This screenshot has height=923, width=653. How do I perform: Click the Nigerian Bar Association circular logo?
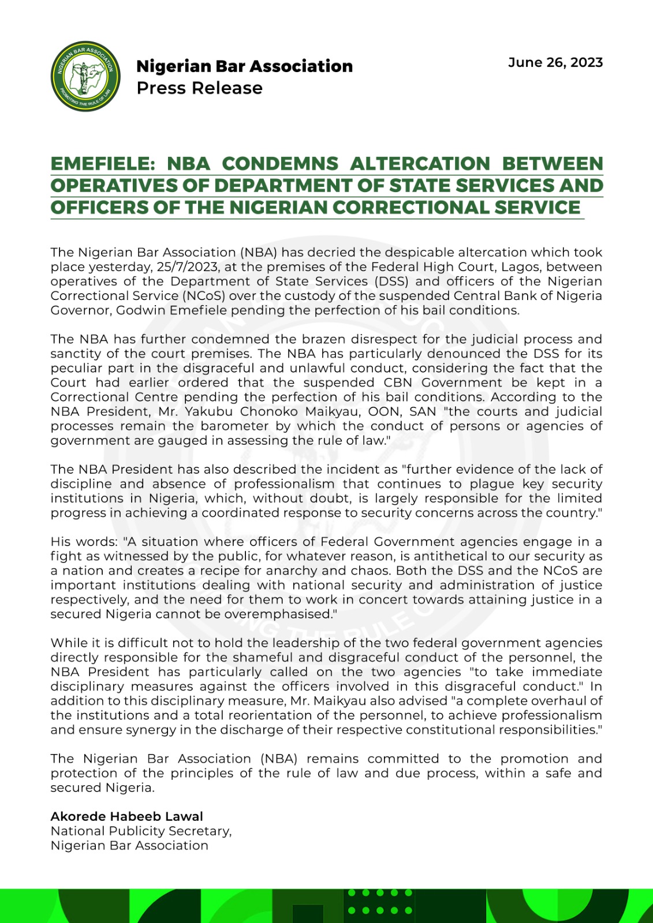tap(86, 76)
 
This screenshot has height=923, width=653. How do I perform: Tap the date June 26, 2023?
tap(555, 63)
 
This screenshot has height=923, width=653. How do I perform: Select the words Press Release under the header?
tap(199, 88)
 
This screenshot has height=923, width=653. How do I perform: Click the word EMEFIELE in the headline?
tap(102, 164)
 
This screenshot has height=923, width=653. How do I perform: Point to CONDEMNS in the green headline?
tap(280, 164)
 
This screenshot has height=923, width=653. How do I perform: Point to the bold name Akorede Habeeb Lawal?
tap(127, 816)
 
